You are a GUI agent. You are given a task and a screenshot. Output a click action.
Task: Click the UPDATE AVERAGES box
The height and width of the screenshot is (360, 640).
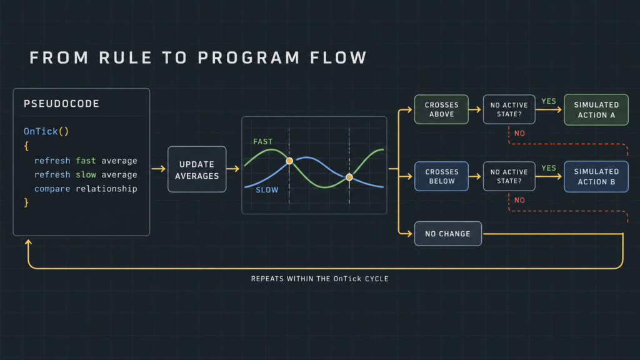tap(197, 169)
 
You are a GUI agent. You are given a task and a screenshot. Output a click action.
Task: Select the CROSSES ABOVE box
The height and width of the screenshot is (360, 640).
tap(441, 109)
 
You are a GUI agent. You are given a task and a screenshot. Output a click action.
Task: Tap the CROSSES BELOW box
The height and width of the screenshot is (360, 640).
tap(441, 176)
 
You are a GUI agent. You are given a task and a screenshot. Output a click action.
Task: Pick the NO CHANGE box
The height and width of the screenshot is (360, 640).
tap(447, 234)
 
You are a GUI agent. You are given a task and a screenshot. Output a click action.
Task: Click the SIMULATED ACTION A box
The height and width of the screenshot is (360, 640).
tap(596, 110)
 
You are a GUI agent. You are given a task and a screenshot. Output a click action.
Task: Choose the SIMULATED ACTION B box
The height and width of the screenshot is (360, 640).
tap(596, 177)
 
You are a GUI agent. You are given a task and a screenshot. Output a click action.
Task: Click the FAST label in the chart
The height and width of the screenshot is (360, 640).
tap(263, 142)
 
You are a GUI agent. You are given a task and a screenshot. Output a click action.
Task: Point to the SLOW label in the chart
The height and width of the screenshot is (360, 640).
tap(267, 190)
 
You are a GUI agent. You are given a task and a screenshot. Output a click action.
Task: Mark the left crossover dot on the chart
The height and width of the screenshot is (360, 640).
tap(289, 161)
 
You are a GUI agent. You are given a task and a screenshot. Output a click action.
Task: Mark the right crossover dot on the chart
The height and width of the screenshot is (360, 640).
tap(349, 177)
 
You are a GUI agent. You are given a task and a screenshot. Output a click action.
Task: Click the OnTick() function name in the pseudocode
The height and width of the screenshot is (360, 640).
tap(46, 131)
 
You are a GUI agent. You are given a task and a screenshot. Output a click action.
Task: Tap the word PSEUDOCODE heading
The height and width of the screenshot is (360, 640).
tap(62, 104)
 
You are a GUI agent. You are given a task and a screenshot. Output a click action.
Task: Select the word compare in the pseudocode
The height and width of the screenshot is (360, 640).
tap(52, 189)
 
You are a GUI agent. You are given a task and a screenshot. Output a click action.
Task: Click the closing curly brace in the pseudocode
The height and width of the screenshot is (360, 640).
tap(26, 202)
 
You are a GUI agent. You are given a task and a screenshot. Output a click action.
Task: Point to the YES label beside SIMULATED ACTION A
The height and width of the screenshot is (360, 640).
tap(549, 101)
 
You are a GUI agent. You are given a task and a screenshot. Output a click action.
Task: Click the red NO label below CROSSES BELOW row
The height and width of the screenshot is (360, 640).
tap(519, 200)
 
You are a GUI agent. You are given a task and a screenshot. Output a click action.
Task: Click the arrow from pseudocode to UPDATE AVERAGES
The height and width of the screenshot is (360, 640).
tap(158, 169)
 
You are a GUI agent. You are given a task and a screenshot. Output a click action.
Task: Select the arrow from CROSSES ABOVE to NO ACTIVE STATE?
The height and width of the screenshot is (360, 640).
tap(475, 109)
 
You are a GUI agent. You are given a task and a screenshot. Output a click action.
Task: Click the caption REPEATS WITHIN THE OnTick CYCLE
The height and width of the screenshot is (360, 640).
tap(319, 279)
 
